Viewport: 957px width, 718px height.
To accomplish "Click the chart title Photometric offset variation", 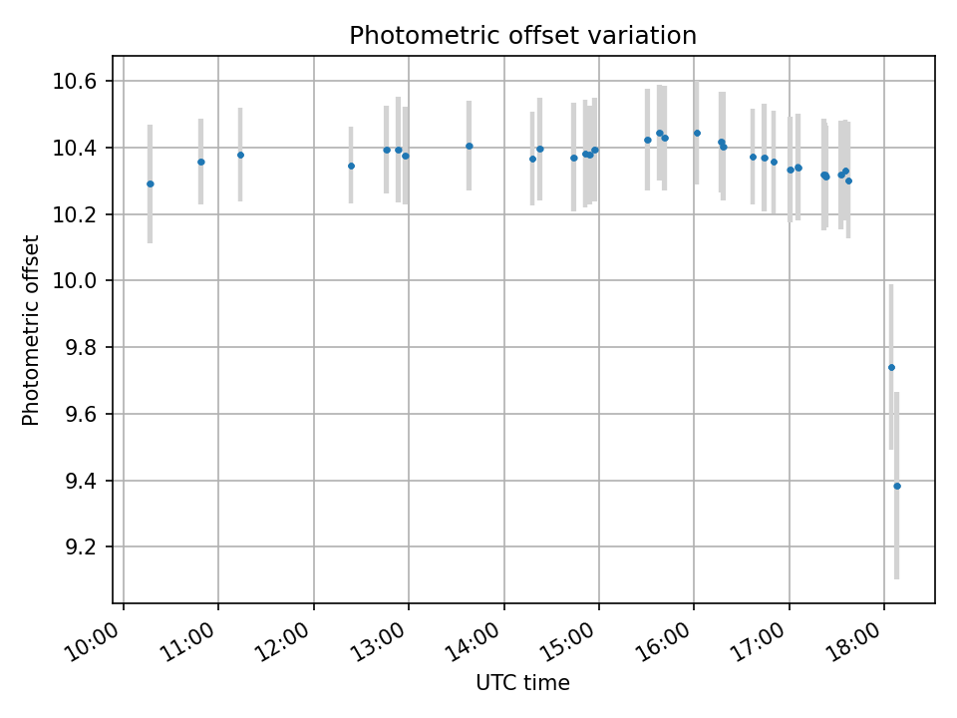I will tap(522, 36).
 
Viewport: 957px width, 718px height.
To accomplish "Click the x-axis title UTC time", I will tap(522, 683).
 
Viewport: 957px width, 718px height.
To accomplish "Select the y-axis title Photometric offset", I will tap(31, 330).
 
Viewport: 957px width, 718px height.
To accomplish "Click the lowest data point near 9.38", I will tap(897, 486).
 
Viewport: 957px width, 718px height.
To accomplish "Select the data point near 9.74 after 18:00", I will tap(891, 367).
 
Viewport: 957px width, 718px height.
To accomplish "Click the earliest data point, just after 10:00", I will tap(151, 183).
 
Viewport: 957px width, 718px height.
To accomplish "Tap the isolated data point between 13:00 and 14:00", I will tap(469, 146).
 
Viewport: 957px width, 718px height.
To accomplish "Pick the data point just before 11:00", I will tap(200, 162).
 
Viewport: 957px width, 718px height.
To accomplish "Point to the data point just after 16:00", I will tap(697, 133).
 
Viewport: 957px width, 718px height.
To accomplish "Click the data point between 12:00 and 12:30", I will tap(351, 166).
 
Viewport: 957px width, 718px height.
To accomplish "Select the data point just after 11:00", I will tap(240, 155).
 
